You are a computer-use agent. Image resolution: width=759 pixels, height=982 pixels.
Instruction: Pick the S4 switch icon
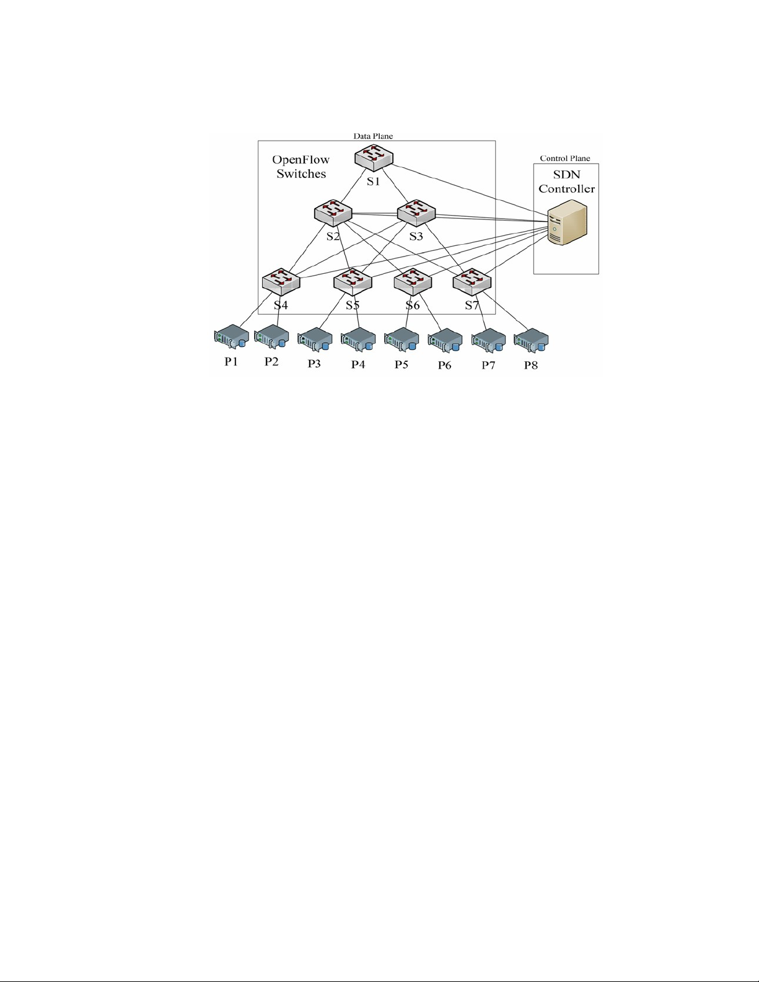tap(281, 281)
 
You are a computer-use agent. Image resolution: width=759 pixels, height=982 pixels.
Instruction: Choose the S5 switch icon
tap(353, 281)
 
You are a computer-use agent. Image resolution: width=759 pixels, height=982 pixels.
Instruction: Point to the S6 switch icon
tap(413, 281)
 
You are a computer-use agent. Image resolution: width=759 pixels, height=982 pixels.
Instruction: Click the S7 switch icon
tap(472, 281)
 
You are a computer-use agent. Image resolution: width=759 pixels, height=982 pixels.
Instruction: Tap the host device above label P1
tap(232, 337)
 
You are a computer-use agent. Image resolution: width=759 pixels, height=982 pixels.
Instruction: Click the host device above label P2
tap(272, 337)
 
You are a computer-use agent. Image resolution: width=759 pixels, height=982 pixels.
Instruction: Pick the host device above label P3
tap(315, 340)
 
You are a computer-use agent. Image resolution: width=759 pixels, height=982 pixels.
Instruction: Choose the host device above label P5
tap(401, 340)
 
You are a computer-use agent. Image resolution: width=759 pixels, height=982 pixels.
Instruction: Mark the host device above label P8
tap(531, 340)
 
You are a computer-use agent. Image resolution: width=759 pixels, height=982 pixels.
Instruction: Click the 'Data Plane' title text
tap(373, 136)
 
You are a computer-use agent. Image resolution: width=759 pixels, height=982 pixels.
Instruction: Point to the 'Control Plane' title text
tap(565, 159)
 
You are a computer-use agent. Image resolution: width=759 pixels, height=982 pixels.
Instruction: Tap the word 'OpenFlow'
tap(301, 160)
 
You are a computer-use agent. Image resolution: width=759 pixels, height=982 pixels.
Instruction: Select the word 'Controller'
tap(566, 189)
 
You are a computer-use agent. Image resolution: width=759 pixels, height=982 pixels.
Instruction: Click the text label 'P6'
tap(444, 365)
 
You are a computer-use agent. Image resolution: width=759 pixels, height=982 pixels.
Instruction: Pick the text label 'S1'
tap(373, 182)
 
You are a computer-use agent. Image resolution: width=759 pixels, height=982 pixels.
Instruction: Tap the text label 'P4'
tap(358, 364)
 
